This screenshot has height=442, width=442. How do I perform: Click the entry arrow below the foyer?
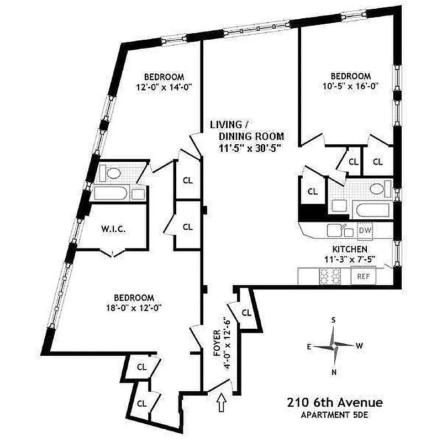click(222, 402)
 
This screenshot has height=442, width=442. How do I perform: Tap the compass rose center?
click(334, 345)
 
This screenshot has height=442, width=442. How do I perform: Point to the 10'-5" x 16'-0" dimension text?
click(350, 86)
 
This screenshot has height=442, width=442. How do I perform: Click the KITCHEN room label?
click(350, 250)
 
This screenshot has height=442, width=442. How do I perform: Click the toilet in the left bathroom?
click(114, 173)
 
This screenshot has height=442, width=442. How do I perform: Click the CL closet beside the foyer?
click(246, 313)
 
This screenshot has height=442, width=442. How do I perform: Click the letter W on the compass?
click(359, 346)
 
